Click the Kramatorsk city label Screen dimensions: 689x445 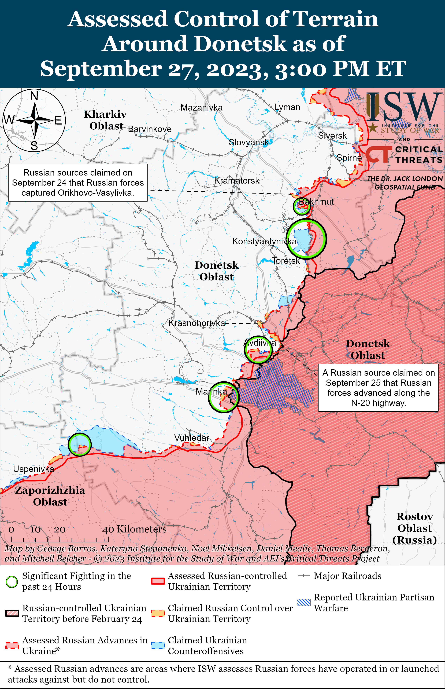point(237,181)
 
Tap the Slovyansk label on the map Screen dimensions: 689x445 point(249,142)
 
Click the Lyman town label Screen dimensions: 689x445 point(287,107)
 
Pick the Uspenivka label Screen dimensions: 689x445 point(34,469)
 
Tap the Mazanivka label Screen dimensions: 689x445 point(201,108)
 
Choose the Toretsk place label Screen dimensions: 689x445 point(286,261)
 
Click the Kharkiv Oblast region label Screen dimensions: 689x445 point(105,120)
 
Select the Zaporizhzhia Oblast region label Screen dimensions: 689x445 point(50,496)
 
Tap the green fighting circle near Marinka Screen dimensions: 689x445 point(223,397)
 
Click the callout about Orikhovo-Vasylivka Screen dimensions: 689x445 point(78,183)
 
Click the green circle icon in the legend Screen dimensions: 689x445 point(12,582)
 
